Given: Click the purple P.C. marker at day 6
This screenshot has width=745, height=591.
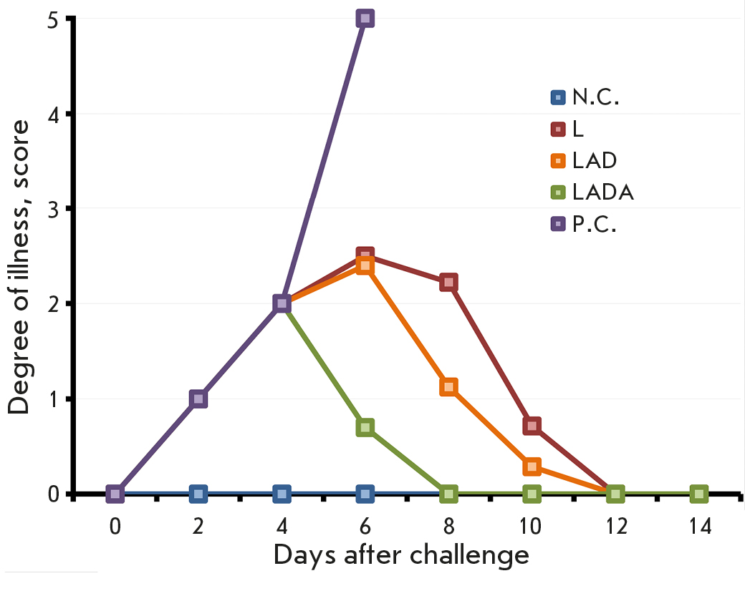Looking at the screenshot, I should point(365,18).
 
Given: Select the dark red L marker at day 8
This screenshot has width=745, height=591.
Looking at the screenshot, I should point(448,282).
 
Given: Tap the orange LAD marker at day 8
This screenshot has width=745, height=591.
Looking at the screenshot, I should point(448,387).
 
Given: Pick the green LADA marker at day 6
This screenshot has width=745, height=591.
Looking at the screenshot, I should point(365,427).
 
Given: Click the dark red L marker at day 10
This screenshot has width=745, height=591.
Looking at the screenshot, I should point(532,426).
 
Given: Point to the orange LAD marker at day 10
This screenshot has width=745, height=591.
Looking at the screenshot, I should point(532,467).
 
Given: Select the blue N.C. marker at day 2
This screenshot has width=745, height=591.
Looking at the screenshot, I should point(198,494).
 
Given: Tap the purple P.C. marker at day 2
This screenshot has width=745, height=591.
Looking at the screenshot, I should point(198,399).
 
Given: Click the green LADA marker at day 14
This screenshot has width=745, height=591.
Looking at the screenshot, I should point(699,494).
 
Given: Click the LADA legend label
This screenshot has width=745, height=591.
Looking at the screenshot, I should point(603,192).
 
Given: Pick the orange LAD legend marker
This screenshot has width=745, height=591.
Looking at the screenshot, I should point(558,160).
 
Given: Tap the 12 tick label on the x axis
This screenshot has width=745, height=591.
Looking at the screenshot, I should point(615,527).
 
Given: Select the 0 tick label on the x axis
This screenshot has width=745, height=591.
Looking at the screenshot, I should point(115,527).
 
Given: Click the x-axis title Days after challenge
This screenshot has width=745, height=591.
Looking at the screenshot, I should point(401,555).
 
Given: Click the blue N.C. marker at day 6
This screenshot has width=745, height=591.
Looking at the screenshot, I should point(365,494).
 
